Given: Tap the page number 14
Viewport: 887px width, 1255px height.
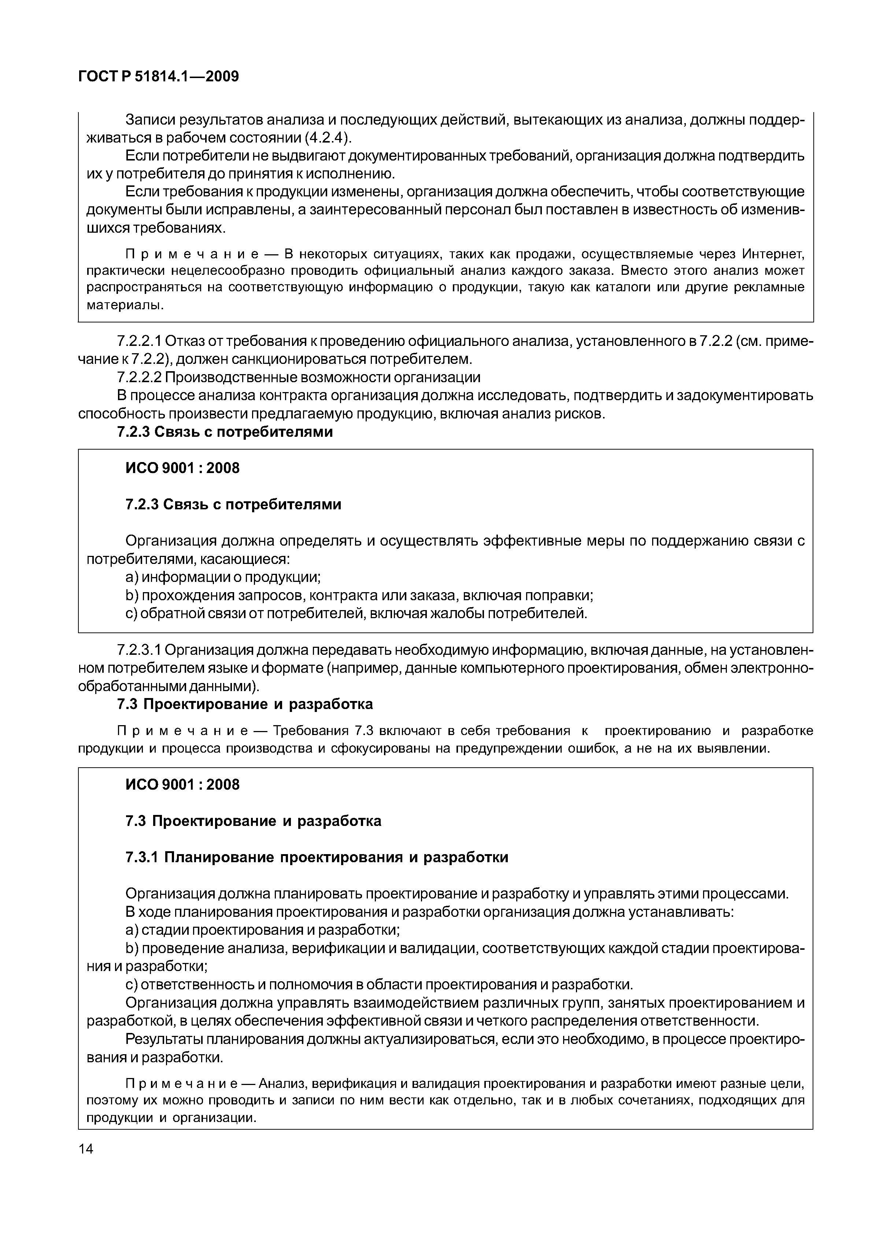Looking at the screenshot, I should (86, 1149).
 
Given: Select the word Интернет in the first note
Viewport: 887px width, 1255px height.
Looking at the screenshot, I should (773, 254).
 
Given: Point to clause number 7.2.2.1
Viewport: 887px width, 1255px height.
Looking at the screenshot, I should (139, 342).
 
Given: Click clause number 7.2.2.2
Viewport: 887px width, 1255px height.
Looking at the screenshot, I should (139, 378).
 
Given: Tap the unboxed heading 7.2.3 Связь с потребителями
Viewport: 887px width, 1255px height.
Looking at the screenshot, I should (225, 432).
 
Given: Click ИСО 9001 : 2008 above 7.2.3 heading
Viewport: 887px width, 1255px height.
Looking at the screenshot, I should (182, 468).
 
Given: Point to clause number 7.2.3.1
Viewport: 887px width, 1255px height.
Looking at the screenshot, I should (139, 650).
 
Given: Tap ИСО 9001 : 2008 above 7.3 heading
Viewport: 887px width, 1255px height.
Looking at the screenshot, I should (182, 785).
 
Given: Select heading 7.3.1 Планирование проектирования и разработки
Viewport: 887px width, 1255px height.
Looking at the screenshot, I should (317, 857).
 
